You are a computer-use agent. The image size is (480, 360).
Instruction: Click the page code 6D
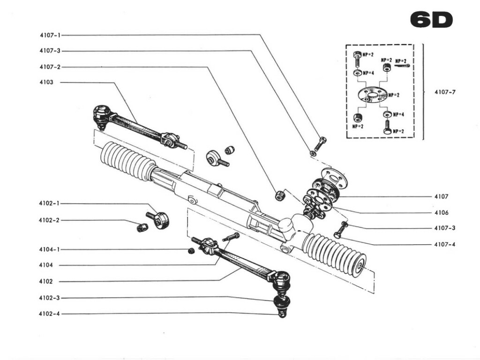431,20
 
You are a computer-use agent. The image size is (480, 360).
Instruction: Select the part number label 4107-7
444,92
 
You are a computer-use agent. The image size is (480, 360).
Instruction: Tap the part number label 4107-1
50,35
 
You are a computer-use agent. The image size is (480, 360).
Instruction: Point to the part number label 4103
46,82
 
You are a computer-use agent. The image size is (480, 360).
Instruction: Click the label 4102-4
50,314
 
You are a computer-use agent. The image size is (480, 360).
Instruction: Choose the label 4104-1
50,250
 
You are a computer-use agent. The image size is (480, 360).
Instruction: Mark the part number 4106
441,212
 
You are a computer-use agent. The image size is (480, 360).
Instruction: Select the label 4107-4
444,244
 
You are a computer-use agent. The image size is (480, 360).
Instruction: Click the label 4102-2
50,220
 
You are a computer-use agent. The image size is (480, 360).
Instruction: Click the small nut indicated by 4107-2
280,195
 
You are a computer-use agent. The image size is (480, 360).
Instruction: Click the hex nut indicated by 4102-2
142,227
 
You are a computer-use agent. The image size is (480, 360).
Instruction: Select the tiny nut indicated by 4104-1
191,252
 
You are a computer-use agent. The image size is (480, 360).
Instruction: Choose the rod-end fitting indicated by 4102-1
159,219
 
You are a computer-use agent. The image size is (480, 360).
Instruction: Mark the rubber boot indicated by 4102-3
281,301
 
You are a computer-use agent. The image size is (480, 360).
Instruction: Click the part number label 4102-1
50,204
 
